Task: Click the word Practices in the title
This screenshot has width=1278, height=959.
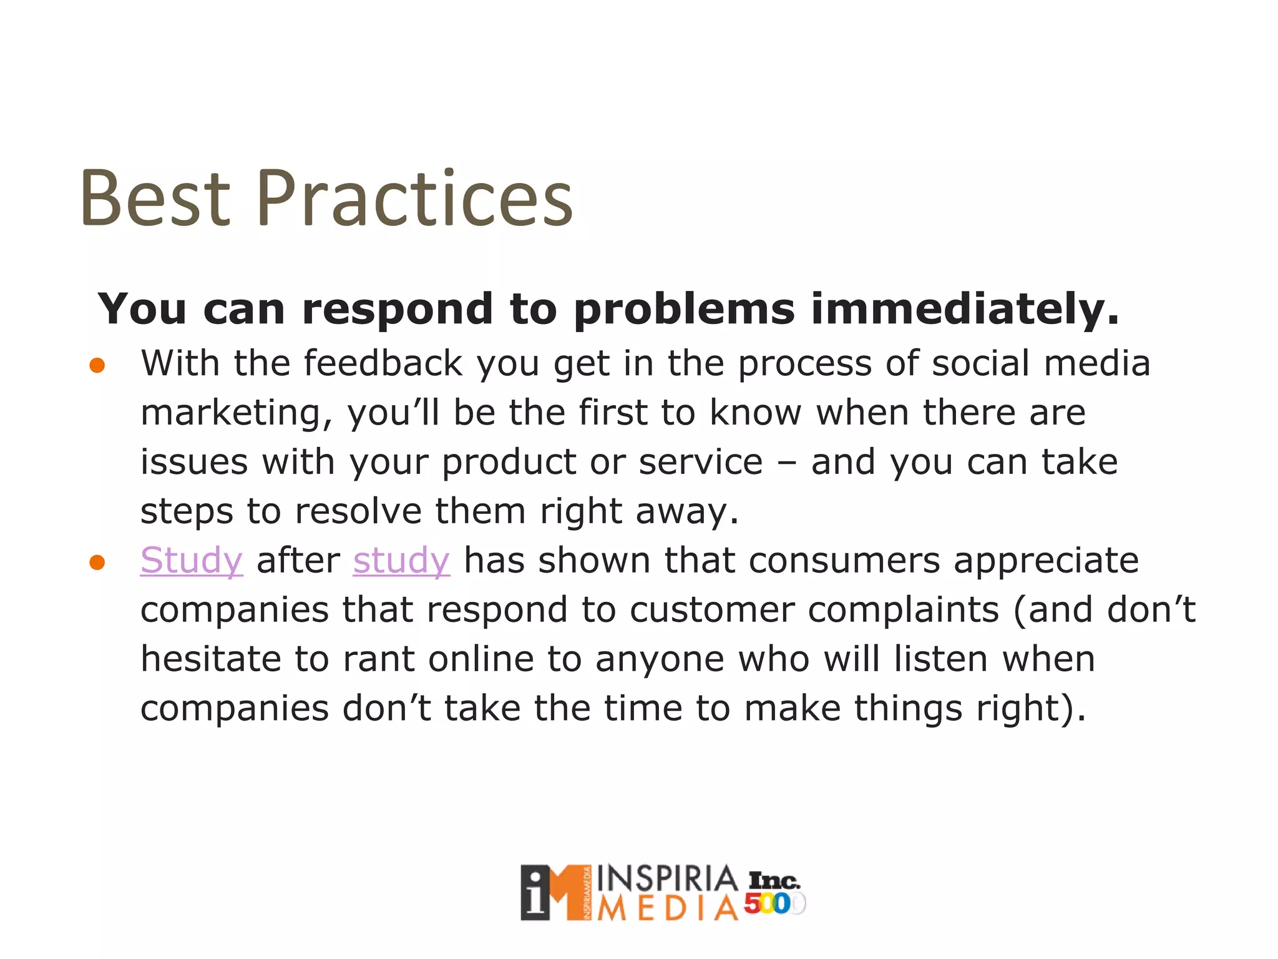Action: (414, 199)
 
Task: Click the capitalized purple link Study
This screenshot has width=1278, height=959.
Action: (191, 560)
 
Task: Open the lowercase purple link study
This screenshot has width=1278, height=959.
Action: (401, 560)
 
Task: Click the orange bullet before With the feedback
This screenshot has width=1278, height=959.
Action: (97, 365)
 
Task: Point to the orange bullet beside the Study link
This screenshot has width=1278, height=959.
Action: (97, 563)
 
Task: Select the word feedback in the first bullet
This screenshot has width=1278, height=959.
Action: (383, 363)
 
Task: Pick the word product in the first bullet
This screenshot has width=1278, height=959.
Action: (508, 463)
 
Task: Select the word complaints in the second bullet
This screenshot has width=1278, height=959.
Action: (902, 610)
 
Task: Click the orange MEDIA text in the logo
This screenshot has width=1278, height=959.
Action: (666, 909)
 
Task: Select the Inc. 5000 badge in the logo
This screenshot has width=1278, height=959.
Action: (774, 893)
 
